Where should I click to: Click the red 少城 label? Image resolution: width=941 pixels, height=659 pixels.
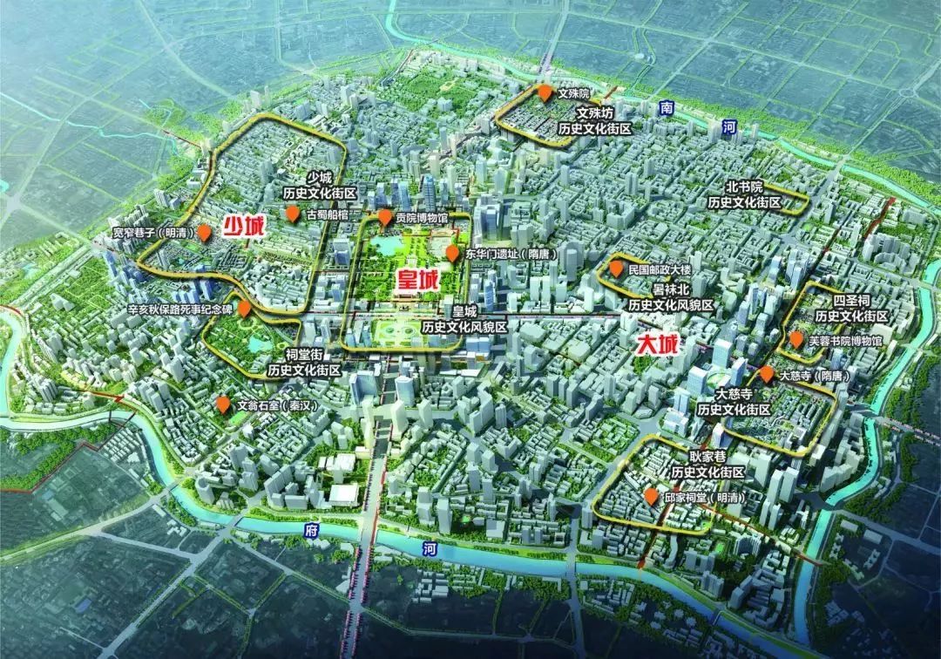243,227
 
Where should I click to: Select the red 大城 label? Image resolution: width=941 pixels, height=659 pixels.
657,343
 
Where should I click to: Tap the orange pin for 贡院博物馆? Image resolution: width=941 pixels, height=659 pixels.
384,216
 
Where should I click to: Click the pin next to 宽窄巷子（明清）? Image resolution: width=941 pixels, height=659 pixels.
204,232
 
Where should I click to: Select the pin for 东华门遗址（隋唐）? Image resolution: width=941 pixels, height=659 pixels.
452,253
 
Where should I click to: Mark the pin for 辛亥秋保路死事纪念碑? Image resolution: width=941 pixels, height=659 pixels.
246,309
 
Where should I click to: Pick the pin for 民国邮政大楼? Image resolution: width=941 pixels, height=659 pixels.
616,269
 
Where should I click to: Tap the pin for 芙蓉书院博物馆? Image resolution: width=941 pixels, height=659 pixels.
795,339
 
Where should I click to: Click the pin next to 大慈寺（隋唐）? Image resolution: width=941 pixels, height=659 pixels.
766,374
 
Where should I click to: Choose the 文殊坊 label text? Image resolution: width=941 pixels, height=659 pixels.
596,113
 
